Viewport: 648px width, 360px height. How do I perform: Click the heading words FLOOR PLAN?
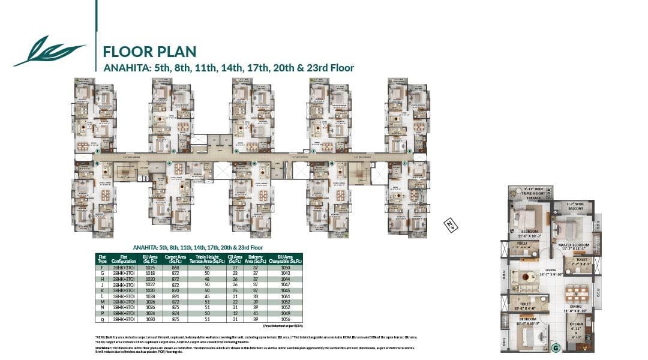point(149,50)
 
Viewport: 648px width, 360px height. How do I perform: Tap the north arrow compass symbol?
point(448,223)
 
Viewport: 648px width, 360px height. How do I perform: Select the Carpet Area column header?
point(175,259)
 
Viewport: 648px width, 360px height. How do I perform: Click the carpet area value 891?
point(175,296)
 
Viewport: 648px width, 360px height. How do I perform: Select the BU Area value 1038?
point(149,296)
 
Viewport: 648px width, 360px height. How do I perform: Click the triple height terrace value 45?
point(207,296)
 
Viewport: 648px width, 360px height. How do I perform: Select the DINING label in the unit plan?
point(577,306)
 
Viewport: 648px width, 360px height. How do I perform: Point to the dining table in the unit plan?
point(577,293)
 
